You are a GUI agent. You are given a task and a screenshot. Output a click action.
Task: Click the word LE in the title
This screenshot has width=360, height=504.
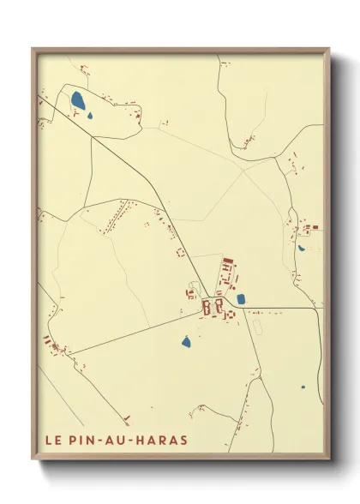tap(52, 441)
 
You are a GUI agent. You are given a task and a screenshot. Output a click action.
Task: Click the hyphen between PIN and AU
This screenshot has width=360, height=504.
tap(105, 441)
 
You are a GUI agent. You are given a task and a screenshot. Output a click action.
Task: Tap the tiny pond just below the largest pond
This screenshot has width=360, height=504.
tap(90, 117)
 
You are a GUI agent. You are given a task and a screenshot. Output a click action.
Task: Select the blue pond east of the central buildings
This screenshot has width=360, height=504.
tap(241, 299)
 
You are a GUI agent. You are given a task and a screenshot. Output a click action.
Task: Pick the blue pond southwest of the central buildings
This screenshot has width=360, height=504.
tap(186, 342)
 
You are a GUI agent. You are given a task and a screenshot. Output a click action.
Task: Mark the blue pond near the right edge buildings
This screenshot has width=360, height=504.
tap(301, 249)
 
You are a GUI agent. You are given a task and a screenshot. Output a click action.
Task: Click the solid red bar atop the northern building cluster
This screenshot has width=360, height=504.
tap(227, 260)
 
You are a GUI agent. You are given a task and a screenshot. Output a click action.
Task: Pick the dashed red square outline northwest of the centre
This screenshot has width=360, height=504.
tap(181, 252)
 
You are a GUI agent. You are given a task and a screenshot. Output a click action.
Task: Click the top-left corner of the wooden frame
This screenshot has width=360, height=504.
tap(33, 48)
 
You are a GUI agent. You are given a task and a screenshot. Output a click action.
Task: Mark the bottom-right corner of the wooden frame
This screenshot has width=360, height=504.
tap(329, 459)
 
